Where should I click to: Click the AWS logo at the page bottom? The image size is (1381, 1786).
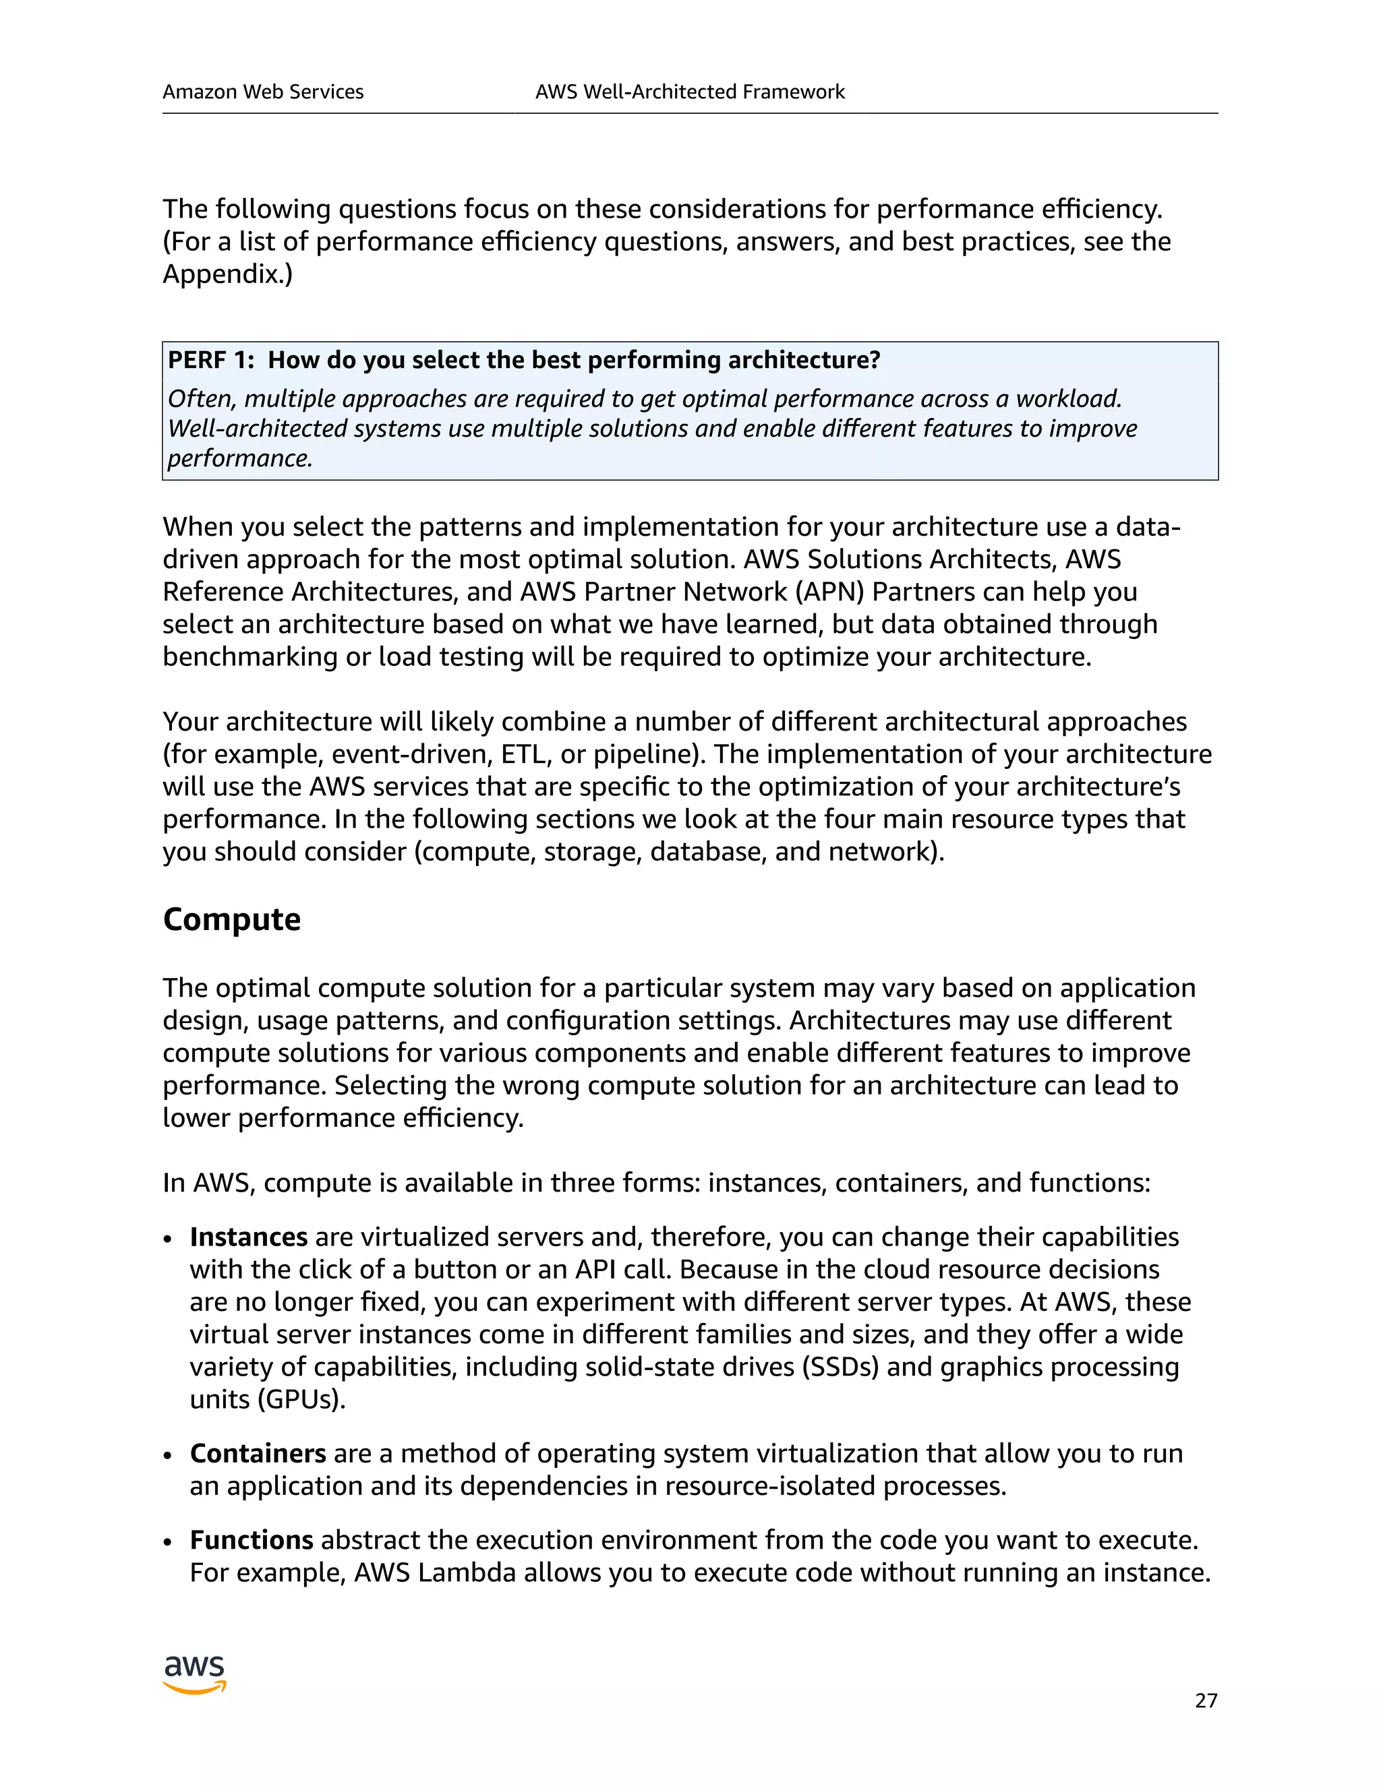point(194,1675)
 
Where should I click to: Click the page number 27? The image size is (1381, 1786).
point(1206,1701)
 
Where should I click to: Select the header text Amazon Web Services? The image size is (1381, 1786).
point(262,92)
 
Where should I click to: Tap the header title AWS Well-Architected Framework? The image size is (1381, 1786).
point(690,92)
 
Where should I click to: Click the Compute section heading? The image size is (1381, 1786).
point(231,919)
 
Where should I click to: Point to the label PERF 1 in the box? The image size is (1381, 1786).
point(211,360)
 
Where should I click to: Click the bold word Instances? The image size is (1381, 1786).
point(249,1237)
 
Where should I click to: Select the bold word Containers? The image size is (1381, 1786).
point(258,1453)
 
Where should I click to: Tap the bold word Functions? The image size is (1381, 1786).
point(251,1540)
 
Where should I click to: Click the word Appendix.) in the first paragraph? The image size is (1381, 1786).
point(227,274)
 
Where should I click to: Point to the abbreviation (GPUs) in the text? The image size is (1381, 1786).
point(301,1399)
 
